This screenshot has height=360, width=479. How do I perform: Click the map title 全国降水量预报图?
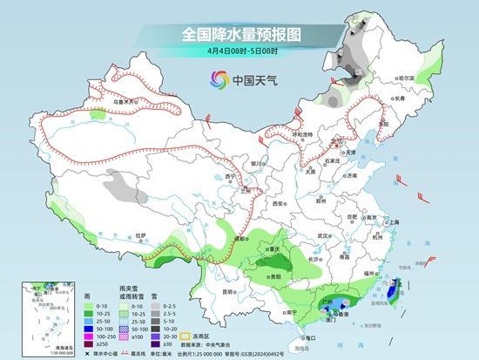click(x=239, y=34)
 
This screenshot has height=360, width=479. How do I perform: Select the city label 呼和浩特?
click(x=301, y=135)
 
